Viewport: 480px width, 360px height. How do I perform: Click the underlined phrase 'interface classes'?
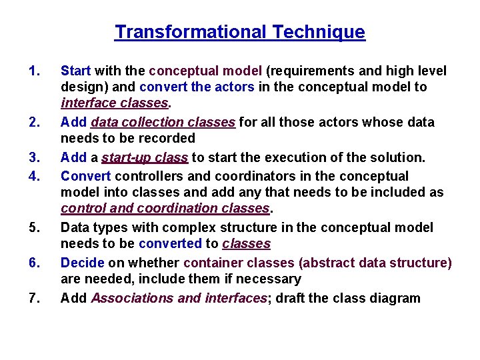click(x=115, y=103)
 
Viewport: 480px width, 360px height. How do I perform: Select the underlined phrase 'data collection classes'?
click(x=163, y=122)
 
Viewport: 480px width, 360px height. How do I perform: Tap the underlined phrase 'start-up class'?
click(x=145, y=157)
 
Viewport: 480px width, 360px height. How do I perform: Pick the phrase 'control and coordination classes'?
click(x=165, y=209)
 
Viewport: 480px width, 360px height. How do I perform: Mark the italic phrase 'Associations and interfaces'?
click(x=179, y=298)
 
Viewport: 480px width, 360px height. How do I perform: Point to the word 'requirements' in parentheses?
click(x=308, y=71)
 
